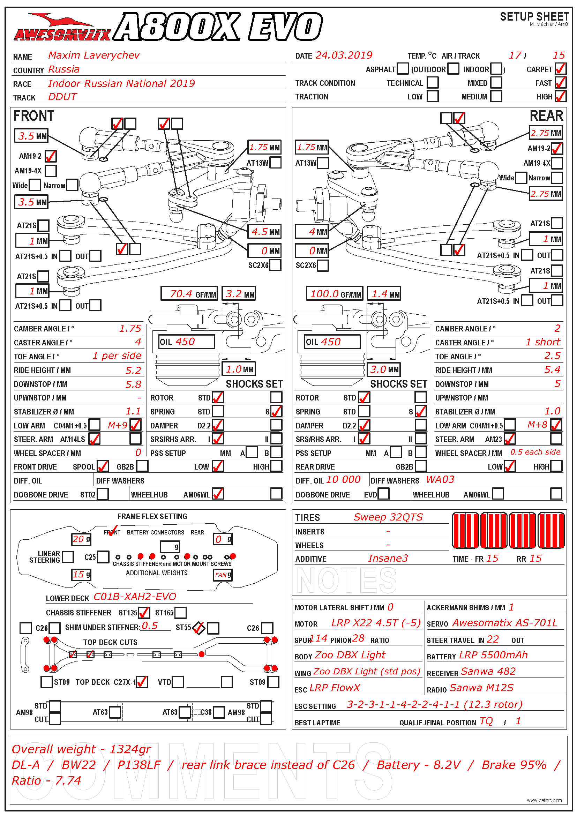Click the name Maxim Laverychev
[x=94, y=55]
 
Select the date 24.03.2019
[x=344, y=55]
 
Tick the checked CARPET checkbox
[x=560, y=69]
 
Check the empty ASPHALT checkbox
[x=402, y=69]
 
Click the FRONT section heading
[x=33, y=116]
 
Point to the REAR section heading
[x=546, y=116]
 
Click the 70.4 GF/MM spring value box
[x=189, y=294]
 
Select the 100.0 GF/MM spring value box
[x=334, y=294]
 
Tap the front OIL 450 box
[x=187, y=342]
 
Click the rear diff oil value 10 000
[x=343, y=480]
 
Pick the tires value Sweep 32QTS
[x=388, y=517]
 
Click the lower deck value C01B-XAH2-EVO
[x=135, y=597]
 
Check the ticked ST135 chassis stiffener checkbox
[x=144, y=613]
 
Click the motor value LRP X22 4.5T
[x=376, y=623]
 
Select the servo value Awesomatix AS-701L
[x=504, y=623]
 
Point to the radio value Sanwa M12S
[x=481, y=688]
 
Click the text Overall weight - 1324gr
[x=81, y=749]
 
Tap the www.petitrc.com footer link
[x=544, y=800]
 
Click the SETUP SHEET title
[x=534, y=17]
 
